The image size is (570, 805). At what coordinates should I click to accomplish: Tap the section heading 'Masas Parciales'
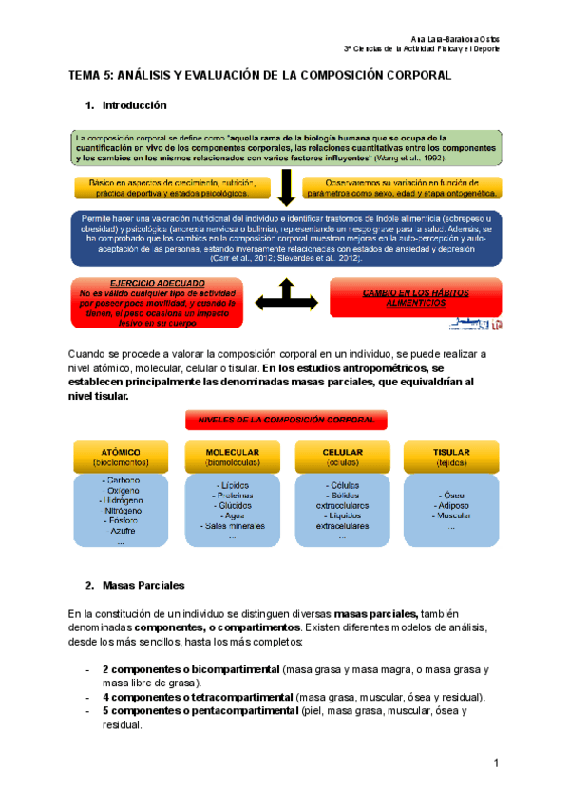[142, 584]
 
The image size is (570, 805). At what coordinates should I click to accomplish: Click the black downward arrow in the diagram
[285, 188]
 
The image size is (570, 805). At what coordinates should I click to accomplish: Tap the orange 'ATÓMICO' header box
[121, 458]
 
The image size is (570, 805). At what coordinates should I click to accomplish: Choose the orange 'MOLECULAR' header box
[232, 458]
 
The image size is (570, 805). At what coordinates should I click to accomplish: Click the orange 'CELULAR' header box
[341, 458]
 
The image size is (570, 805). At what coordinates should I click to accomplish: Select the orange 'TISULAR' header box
[451, 458]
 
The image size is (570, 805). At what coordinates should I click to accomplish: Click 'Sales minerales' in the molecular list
[232, 525]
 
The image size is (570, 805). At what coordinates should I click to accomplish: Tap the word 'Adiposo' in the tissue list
[451, 506]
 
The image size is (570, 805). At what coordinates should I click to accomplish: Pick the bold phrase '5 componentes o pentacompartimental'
[199, 710]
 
